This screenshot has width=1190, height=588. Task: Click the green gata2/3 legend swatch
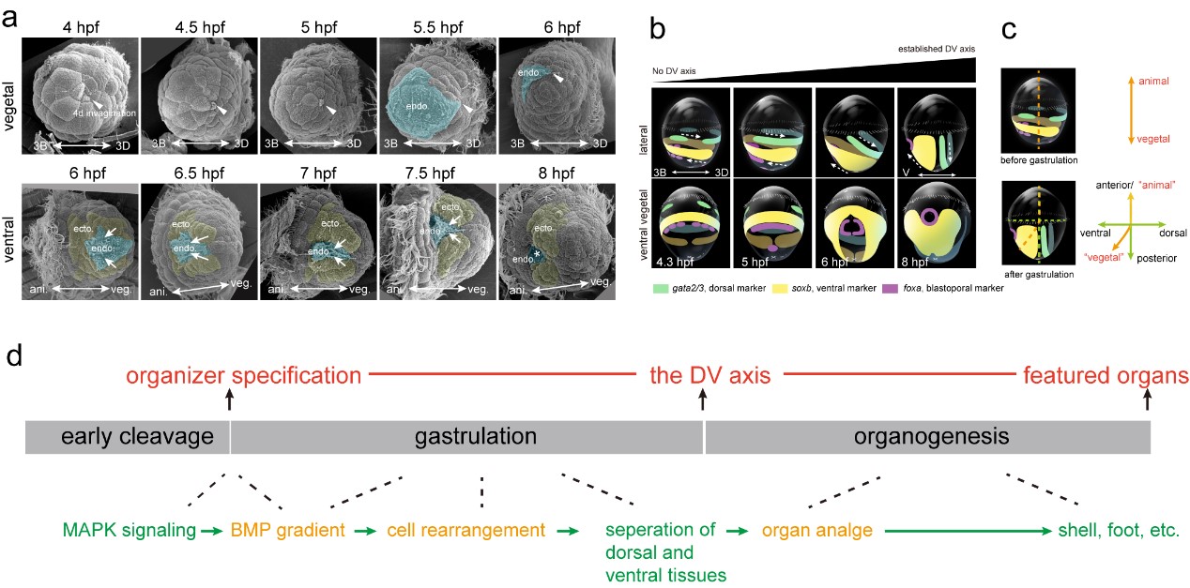click(x=662, y=288)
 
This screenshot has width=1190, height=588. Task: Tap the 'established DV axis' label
click(x=935, y=47)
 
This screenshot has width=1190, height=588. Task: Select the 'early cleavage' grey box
click(x=127, y=437)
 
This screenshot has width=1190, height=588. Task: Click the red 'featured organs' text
click(x=1105, y=376)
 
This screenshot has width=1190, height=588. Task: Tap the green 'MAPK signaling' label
click(x=130, y=530)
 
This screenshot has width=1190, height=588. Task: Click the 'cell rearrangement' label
click(x=465, y=530)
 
